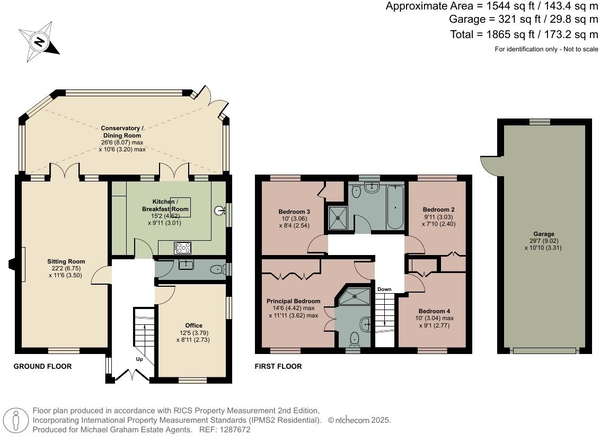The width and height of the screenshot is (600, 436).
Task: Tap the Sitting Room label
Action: point(66,261)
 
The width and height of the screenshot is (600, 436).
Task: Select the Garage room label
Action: point(543,234)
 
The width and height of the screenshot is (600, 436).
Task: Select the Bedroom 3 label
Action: point(294,212)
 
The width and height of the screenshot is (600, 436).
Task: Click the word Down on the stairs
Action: point(384,289)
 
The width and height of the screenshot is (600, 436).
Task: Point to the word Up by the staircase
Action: point(140,359)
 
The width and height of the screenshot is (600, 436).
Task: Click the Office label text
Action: point(193,325)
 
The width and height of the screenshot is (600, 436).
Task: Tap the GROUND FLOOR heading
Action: point(42,366)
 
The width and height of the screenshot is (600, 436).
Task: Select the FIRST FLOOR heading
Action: point(278,366)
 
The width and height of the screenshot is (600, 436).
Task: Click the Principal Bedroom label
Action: point(293,301)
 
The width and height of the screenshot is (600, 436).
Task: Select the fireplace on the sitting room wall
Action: point(13,264)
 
